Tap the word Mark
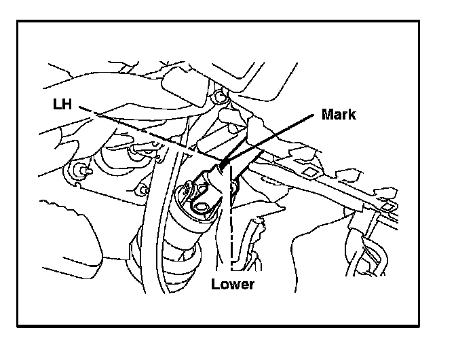pos(338,114)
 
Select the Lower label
pos(232,284)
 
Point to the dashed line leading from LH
pos(149,133)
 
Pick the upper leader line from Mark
pos(271,136)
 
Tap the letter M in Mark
pos(326,114)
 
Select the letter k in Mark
pos(351,114)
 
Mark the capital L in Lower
pos(214,284)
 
